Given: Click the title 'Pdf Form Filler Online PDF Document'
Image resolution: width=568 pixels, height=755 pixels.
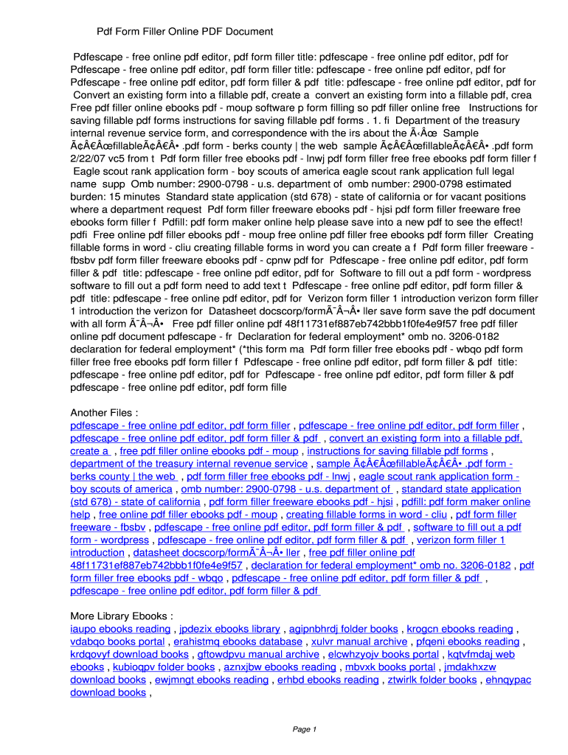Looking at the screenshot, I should (x=185, y=32).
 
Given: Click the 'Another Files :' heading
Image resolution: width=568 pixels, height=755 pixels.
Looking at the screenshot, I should (x=104, y=412).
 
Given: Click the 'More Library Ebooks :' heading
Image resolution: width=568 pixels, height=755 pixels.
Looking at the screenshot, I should (x=122, y=616).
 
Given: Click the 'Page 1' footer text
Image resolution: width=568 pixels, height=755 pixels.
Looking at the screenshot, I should (x=305, y=729).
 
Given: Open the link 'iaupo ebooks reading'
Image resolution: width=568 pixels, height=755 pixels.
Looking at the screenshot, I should (x=120, y=629).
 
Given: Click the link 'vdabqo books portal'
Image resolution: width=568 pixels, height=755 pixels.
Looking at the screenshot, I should (x=117, y=641).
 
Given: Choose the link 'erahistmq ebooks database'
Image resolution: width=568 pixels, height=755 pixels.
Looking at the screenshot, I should (x=238, y=641).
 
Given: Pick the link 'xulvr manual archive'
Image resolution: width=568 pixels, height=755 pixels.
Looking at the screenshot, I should (x=359, y=641).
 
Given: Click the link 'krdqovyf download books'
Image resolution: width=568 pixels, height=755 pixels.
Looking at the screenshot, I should (x=129, y=654).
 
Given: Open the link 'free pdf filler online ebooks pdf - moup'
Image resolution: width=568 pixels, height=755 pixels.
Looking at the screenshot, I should (x=209, y=450).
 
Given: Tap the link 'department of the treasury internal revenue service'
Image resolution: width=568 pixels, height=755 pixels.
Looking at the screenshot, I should (x=189, y=464).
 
